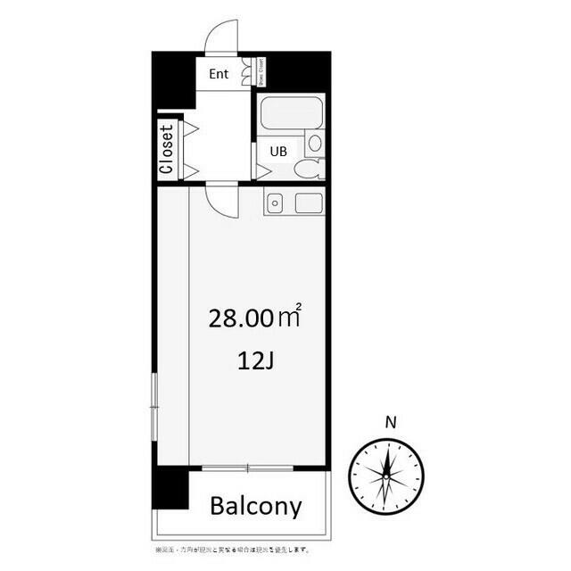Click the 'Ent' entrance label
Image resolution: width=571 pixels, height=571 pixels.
coord(219,74)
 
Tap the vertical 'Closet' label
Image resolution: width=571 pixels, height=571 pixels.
coord(166,147)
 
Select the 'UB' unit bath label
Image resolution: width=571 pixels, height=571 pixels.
coord(278,152)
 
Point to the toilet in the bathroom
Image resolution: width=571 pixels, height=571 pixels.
coord(310,169)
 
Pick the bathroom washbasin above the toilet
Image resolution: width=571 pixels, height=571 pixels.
coord(314,142)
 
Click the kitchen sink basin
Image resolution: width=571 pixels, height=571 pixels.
coord(275,203)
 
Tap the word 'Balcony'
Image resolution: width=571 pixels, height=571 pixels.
coord(255,507)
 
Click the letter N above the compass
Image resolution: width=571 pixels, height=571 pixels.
coord(388,422)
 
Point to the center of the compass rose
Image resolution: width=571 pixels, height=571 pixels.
coord(386,474)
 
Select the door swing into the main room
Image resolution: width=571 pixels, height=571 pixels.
coord(223,199)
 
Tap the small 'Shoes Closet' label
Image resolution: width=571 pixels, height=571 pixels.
coord(260,73)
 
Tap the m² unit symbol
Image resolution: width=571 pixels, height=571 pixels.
coord(290,314)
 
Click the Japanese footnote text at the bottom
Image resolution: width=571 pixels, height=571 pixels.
coord(231,550)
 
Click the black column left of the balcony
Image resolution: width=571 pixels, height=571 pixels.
coord(170,488)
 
